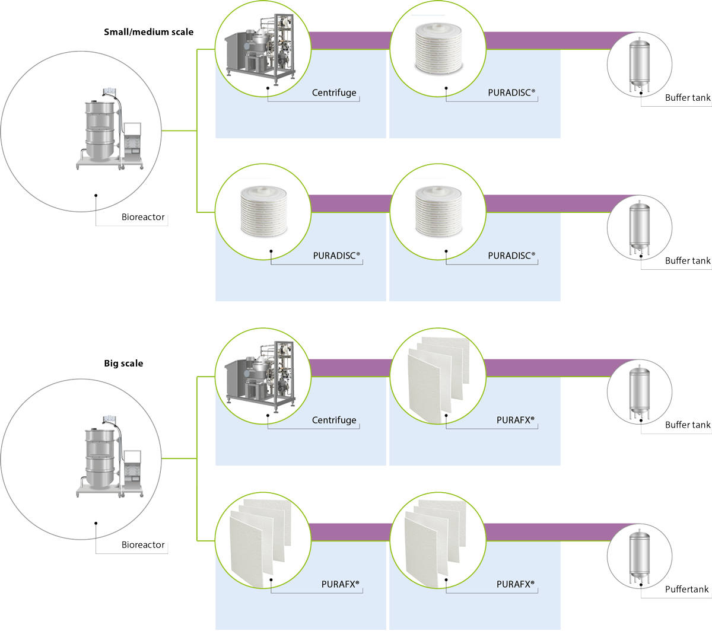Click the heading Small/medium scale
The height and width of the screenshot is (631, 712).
(148, 32)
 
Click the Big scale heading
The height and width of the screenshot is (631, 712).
(123, 364)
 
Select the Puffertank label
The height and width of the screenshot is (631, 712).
(686, 589)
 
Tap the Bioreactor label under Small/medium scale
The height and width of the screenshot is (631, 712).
(143, 217)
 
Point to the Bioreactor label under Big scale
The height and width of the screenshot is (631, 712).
(143, 544)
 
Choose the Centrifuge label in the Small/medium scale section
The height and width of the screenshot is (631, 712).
(334, 93)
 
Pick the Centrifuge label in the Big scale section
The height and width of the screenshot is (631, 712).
(334, 420)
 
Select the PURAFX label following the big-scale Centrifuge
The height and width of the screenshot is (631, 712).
(515, 420)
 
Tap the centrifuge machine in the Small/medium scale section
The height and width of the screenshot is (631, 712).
(261, 47)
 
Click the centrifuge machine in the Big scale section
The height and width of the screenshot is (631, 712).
(261, 375)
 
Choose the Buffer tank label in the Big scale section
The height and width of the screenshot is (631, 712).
(688, 425)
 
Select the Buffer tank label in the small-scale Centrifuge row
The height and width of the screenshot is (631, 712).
(688, 97)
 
